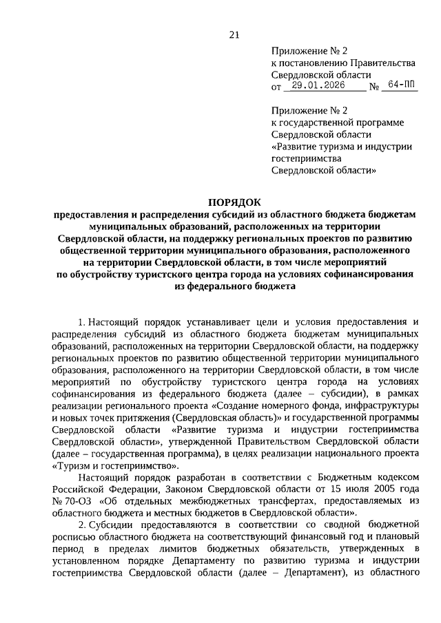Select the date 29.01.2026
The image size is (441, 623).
click(321, 87)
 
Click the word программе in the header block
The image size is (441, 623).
click(383, 122)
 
